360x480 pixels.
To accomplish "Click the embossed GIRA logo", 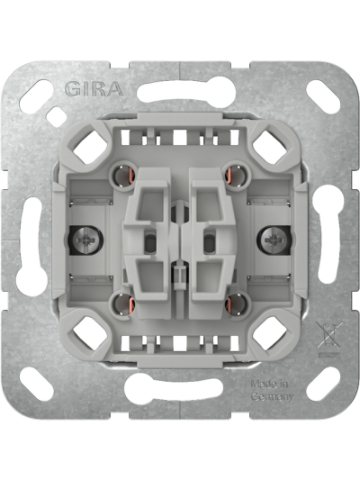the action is click(x=94, y=89).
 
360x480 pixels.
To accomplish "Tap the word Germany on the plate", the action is click(x=272, y=396).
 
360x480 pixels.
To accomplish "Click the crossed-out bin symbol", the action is click(x=328, y=337).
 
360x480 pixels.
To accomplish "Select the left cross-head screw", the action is click(x=84, y=240).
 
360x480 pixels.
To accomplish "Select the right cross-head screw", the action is click(x=274, y=240).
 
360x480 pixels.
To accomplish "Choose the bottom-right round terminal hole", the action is click(x=235, y=304).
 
